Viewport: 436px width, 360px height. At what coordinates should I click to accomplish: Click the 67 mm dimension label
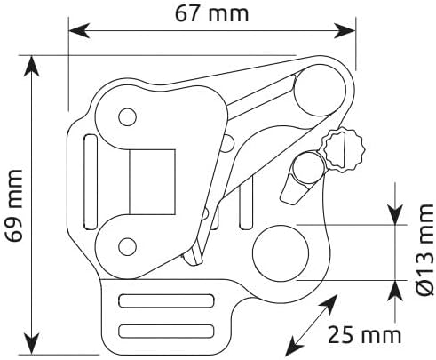pyautogui.click(x=211, y=13)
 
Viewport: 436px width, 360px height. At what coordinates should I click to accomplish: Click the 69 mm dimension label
pyautogui.click(x=14, y=206)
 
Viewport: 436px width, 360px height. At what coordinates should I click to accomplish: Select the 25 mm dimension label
pyautogui.click(x=364, y=335)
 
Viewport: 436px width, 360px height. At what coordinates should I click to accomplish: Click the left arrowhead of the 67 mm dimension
pyautogui.click(x=79, y=30)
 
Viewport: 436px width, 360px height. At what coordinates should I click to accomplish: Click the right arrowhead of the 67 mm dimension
pyautogui.click(x=345, y=30)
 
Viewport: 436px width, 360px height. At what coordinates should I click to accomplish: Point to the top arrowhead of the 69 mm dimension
pyautogui.click(x=31, y=67)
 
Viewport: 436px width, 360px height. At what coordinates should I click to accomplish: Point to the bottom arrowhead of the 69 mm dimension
pyautogui.click(x=31, y=344)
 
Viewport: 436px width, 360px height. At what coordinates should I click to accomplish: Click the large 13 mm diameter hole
pyautogui.click(x=281, y=252)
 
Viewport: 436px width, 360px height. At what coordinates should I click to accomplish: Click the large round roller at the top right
pyautogui.click(x=320, y=90)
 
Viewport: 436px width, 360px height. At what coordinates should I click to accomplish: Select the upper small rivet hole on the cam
pyautogui.click(x=127, y=117)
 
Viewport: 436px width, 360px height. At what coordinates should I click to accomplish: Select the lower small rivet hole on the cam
pyautogui.click(x=127, y=246)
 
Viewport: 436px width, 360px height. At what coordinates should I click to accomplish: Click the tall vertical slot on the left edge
pyautogui.click(x=91, y=181)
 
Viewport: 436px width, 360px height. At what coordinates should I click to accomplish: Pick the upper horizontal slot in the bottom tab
pyautogui.click(x=166, y=300)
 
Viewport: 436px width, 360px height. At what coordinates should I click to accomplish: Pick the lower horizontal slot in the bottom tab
pyautogui.click(x=166, y=331)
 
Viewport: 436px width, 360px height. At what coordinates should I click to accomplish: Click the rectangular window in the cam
pyautogui.click(x=153, y=181)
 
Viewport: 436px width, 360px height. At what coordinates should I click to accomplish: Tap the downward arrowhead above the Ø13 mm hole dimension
pyautogui.click(x=396, y=214)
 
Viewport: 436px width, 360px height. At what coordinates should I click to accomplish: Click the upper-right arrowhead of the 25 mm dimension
pyautogui.click(x=329, y=303)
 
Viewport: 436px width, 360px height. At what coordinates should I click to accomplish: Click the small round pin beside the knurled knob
pyautogui.click(x=308, y=169)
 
